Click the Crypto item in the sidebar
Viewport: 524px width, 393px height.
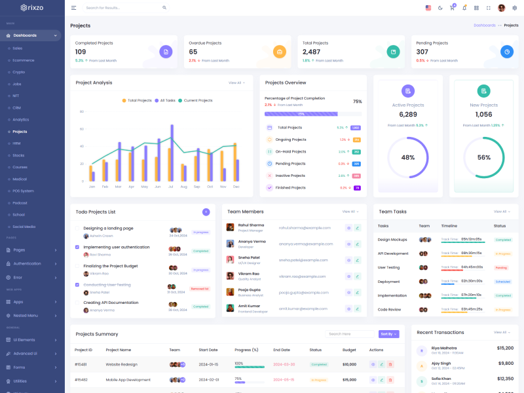tap(19, 72)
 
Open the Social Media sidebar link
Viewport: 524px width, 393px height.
tap(24, 227)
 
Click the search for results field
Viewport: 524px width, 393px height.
tap(121, 8)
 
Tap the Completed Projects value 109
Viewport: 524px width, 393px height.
tap(81, 52)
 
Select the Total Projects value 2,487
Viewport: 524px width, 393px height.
tap(311, 52)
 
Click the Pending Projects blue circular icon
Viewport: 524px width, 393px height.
tap(506, 52)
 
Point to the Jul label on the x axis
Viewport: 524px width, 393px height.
tap(171, 187)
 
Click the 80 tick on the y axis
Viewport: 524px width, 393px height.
tap(82, 111)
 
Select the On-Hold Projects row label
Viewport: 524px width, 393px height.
tap(290, 151)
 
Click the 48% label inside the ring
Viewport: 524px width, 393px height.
tap(408, 157)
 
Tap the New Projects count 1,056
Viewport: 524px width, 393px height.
tap(483, 115)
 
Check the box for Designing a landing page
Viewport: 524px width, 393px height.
tap(77, 229)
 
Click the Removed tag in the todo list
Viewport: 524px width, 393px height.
tap(200, 288)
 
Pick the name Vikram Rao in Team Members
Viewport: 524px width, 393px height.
tap(248, 274)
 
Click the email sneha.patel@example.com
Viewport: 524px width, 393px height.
tap(305, 260)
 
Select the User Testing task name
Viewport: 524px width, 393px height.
tap(388, 267)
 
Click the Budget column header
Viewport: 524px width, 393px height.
tap(349, 350)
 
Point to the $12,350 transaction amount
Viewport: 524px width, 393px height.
tap(505, 379)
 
